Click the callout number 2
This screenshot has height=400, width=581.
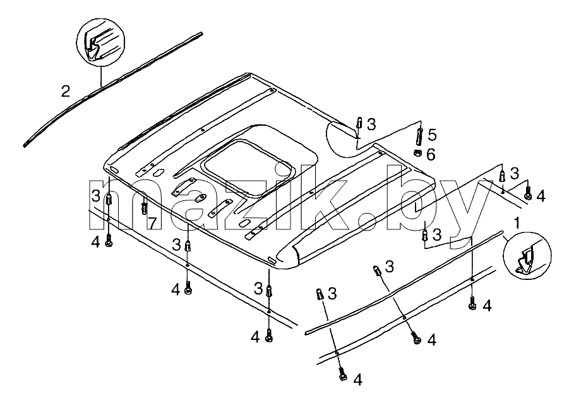(x=66, y=91)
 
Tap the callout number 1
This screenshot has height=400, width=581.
(x=516, y=223)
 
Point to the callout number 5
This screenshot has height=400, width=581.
(x=432, y=135)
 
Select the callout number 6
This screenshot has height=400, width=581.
(x=431, y=155)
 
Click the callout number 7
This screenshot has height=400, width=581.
(x=152, y=222)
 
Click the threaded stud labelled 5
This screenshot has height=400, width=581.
(x=420, y=136)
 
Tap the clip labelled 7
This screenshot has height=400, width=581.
(x=144, y=207)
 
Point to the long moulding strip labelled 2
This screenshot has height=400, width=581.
(x=113, y=90)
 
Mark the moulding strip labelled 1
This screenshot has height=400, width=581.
(x=404, y=282)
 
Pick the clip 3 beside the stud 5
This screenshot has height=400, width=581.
(x=359, y=123)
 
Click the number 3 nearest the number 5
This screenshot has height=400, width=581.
(x=371, y=124)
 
